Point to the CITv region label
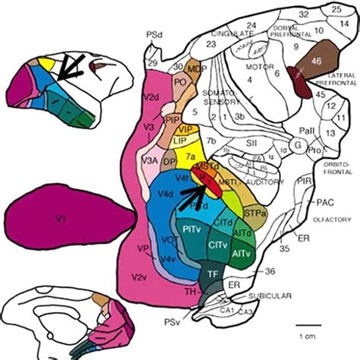click(216, 245)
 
